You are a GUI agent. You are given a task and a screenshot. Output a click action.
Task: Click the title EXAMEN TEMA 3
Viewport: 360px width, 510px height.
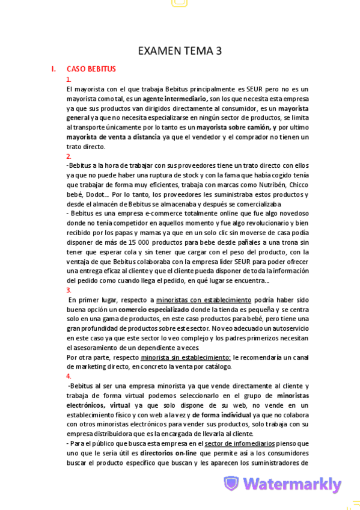[180, 51]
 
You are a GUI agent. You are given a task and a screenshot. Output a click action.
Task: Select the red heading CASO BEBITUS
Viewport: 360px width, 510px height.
[91, 69]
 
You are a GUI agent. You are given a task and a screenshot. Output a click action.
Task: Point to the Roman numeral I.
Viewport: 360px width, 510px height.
[54, 69]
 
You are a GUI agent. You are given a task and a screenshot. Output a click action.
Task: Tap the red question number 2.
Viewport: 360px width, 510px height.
[69, 156]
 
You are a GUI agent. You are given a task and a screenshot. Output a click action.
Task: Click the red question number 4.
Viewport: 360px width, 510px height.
[69, 376]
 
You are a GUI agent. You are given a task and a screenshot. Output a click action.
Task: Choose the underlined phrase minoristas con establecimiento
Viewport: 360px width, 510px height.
[204, 300]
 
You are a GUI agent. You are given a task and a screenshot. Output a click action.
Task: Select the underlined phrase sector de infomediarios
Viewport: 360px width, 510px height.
[234, 444]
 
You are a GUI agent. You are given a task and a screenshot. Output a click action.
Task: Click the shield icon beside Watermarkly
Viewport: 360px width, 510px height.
[231, 484]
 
